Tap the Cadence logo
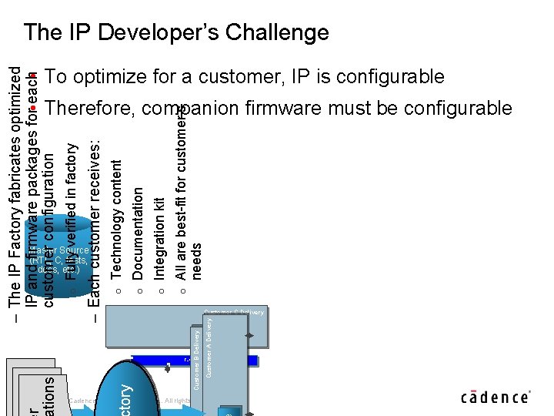(496, 398)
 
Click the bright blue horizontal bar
(192, 360)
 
